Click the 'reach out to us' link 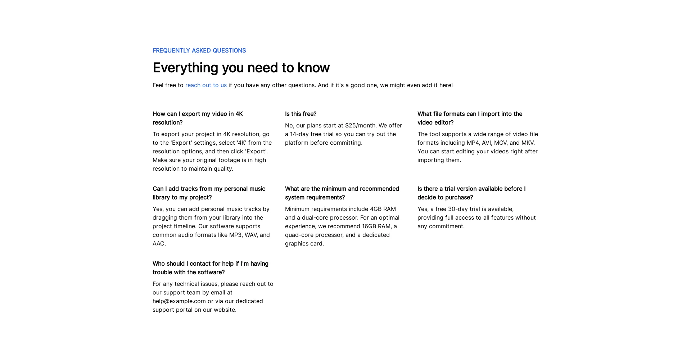coord(206,85)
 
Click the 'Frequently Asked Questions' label coord(199,51)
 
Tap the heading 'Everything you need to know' coord(241,68)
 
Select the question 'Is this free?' coord(301,114)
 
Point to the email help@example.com coord(179,301)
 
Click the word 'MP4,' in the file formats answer coord(473,143)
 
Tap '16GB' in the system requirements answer coord(369,226)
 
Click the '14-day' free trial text coord(299,134)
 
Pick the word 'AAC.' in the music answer coord(159,244)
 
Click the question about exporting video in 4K coord(198,118)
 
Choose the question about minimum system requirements coord(342,193)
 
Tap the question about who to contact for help coord(210,268)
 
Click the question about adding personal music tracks coord(209,193)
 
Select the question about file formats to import coord(469,118)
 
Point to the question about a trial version coord(471,193)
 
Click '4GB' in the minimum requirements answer coord(375,209)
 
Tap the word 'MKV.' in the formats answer coord(528,143)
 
